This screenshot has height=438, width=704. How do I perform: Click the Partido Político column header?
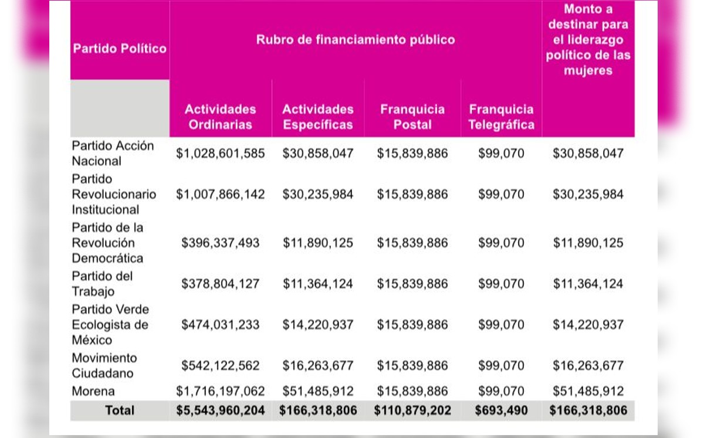click(120, 48)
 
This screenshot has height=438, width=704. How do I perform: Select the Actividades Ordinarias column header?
click(221, 117)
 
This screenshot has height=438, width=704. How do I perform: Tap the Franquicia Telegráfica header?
click(502, 117)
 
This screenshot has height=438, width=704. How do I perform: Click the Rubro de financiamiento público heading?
click(356, 40)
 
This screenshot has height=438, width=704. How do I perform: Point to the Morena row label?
click(93, 391)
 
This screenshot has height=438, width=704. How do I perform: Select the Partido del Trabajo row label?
click(102, 284)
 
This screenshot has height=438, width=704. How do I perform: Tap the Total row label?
click(120, 410)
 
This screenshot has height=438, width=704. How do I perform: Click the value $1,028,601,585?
click(221, 154)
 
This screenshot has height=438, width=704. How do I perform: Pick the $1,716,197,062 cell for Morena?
click(221, 391)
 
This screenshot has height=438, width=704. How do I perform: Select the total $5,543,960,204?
click(221, 410)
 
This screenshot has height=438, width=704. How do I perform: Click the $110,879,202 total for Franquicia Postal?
click(412, 410)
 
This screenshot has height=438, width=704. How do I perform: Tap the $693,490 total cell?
click(502, 410)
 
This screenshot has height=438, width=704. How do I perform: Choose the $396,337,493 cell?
click(221, 243)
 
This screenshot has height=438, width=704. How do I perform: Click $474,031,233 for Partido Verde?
click(221, 325)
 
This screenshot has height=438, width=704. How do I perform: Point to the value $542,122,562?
click(221, 365)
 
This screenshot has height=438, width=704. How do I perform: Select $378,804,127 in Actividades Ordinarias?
click(221, 284)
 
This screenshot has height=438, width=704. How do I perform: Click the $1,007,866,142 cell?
click(221, 194)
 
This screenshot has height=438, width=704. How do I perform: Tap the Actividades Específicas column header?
click(318, 117)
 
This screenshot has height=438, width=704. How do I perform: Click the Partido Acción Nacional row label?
click(113, 153)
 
